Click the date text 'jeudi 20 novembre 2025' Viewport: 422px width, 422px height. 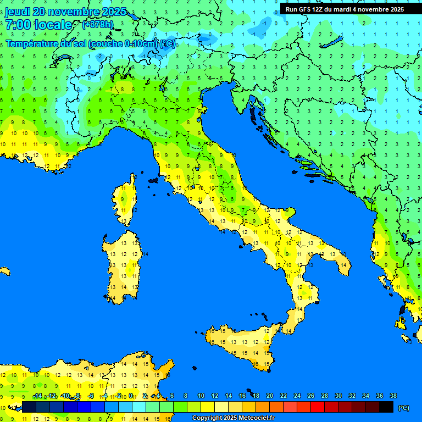[66, 12]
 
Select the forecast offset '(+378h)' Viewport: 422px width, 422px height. [97, 25]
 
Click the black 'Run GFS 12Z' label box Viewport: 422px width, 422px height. [345, 9]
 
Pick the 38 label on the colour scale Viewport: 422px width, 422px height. [393, 396]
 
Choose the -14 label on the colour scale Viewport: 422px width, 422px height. [37, 396]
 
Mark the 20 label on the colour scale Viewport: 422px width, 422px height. [269, 396]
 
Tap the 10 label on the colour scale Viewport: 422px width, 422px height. [201, 396]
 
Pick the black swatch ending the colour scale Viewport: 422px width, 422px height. [386, 407]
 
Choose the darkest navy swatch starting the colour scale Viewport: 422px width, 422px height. [29, 407]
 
